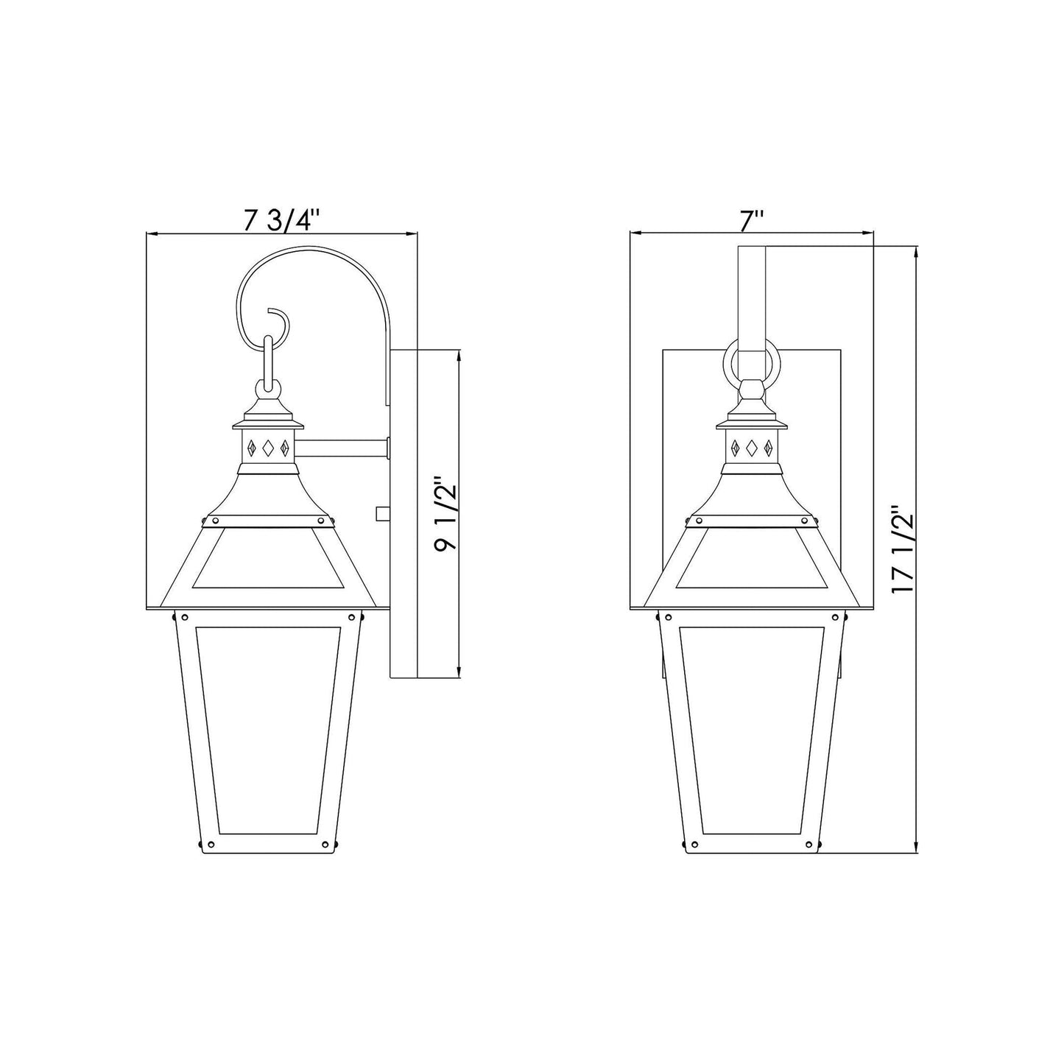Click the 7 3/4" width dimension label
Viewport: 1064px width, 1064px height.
[x=283, y=220]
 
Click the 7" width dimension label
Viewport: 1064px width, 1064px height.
[x=752, y=220]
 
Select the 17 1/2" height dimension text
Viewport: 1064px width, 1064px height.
[x=903, y=549]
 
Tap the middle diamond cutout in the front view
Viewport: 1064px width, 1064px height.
[x=752, y=447]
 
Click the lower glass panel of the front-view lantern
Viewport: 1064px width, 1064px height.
[x=752, y=729]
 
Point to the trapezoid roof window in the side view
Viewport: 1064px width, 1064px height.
[x=268, y=560]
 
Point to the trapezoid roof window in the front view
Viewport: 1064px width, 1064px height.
[x=752, y=560]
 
